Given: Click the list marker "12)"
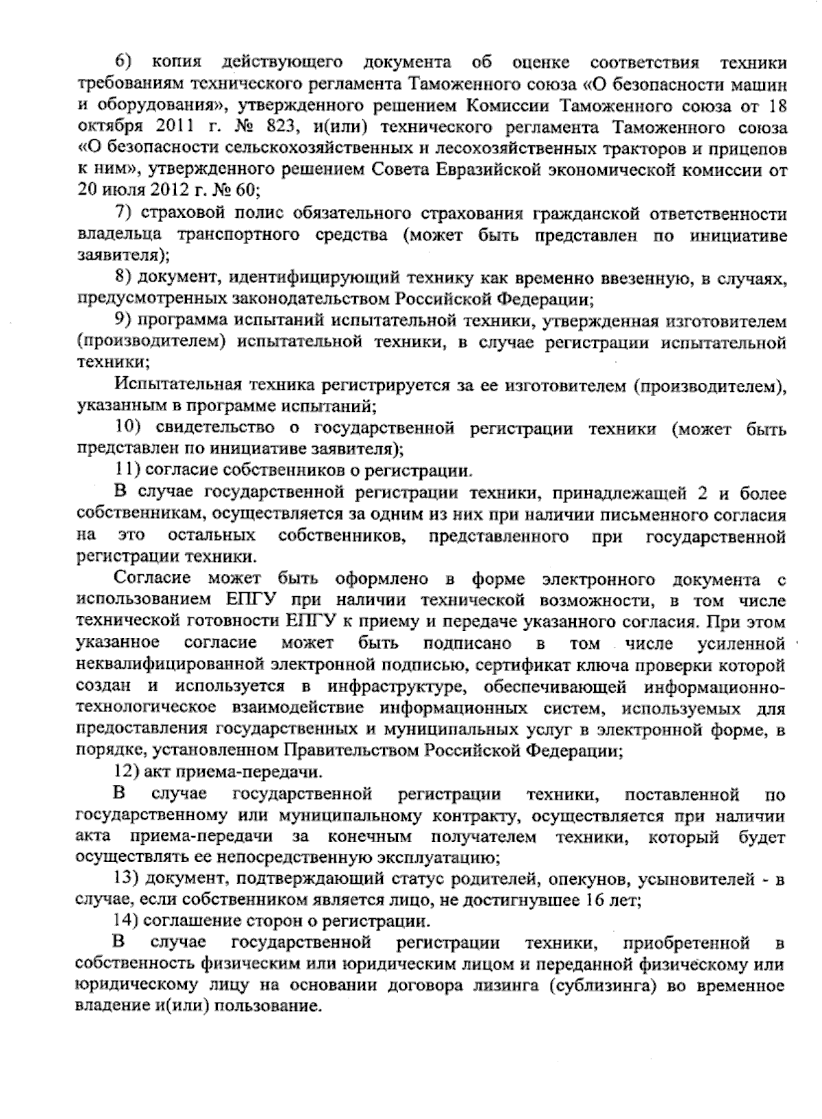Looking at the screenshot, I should pos(127,772).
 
